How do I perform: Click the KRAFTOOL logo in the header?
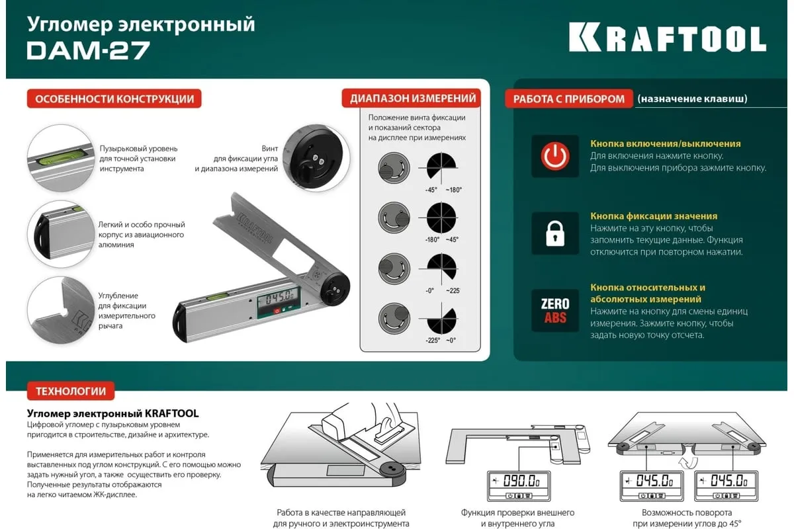[668, 38]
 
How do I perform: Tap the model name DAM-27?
[88, 50]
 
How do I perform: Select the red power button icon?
[555, 156]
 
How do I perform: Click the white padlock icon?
[555, 233]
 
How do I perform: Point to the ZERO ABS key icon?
[555, 310]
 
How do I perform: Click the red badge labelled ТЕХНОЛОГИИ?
[71, 391]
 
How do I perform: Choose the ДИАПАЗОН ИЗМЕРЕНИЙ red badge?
[412, 98]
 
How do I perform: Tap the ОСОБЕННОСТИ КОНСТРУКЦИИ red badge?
[114, 99]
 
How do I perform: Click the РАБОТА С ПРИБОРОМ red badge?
[568, 99]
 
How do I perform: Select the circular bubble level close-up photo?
[61, 158]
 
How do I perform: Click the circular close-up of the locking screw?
[316, 158]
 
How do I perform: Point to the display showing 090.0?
[519, 485]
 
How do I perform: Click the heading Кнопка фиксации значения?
[654, 216]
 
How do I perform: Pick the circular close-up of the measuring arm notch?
[61, 310]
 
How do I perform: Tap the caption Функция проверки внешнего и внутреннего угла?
[517, 518]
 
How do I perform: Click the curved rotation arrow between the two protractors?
[688, 462]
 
